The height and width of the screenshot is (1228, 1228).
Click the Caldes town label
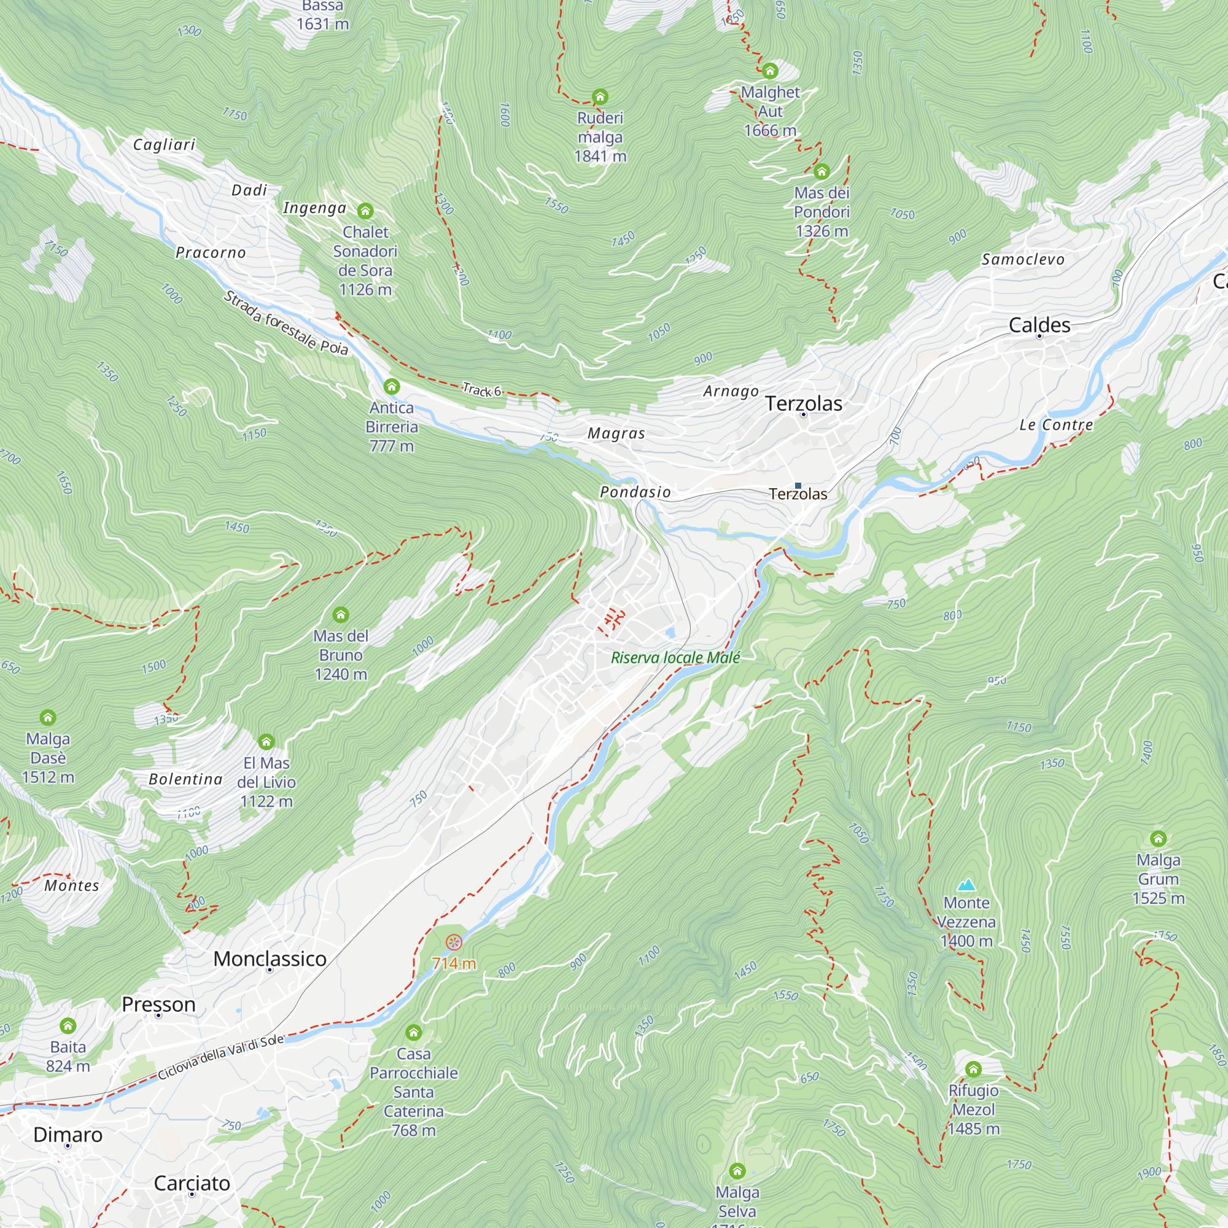tap(1040, 325)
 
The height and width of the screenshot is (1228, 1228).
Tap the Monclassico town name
tap(270, 958)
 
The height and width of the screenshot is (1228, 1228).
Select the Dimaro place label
tap(68, 1135)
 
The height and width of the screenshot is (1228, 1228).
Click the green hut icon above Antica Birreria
tap(392, 386)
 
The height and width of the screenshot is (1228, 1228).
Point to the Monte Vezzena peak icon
tap(966, 885)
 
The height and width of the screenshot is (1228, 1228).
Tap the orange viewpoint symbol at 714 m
tap(453, 942)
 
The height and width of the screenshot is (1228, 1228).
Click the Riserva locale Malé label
tap(675, 658)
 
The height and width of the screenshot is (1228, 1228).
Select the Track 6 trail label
tap(481, 391)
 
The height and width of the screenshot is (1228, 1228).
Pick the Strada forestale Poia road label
tap(286, 323)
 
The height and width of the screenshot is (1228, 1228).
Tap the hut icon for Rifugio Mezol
tap(973, 1069)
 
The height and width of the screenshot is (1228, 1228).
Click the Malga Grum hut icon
tap(1158, 838)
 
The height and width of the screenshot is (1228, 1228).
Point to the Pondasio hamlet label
tap(635, 492)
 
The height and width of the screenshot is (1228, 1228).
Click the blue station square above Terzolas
tap(798, 486)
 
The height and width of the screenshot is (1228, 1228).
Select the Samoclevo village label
tap(1022, 259)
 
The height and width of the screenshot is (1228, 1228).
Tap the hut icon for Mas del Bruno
tap(341, 615)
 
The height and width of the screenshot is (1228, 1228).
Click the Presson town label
tap(158, 1005)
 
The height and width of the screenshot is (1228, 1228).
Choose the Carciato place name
tap(192, 1184)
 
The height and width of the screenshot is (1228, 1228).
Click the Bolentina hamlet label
tap(185, 779)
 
